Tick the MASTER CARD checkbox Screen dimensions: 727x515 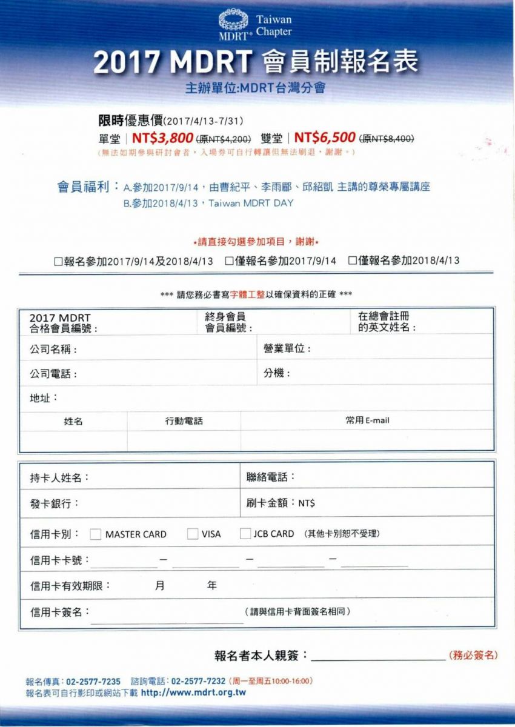click(x=96, y=534)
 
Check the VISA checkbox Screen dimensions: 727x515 click(x=193, y=534)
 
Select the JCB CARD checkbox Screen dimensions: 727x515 click(x=245, y=534)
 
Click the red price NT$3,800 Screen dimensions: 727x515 click(x=162, y=138)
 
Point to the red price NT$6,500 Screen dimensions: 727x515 click(x=324, y=138)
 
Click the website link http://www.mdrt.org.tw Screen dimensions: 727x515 click(x=193, y=692)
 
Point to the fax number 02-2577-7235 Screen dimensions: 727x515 click(x=93, y=681)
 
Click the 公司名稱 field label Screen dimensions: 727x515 click(x=53, y=350)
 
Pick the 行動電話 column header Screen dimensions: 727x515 click(x=184, y=420)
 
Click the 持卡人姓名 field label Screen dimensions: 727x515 click(x=59, y=477)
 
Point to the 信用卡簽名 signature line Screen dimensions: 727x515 click(x=167, y=621)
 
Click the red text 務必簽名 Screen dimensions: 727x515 click(x=474, y=655)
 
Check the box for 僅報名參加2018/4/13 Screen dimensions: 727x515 click(x=352, y=261)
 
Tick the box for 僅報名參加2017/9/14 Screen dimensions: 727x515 click(x=229, y=261)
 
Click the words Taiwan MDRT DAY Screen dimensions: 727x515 click(x=250, y=204)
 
